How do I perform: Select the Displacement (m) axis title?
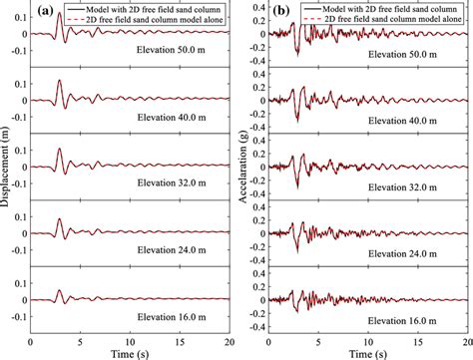7,170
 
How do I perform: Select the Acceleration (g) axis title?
243,170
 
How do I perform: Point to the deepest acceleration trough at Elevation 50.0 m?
297,53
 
